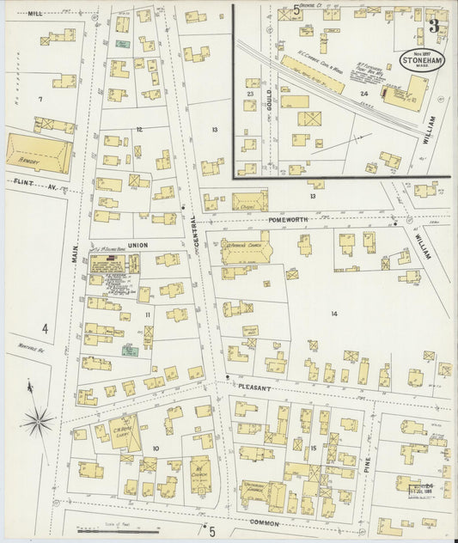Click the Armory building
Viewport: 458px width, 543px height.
pos(39,154)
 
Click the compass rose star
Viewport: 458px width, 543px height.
pos(38,420)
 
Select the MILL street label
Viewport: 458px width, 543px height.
pos(35,14)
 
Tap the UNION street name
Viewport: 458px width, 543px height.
pos(138,245)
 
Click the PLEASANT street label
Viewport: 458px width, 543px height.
pos(255,388)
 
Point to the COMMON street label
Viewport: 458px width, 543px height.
pos(265,522)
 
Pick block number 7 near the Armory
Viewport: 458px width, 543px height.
pos(40,100)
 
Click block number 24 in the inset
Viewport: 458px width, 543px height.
pos(364,94)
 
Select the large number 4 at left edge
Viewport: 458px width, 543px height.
pos(45,327)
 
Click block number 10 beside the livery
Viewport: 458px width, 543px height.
pos(156,448)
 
